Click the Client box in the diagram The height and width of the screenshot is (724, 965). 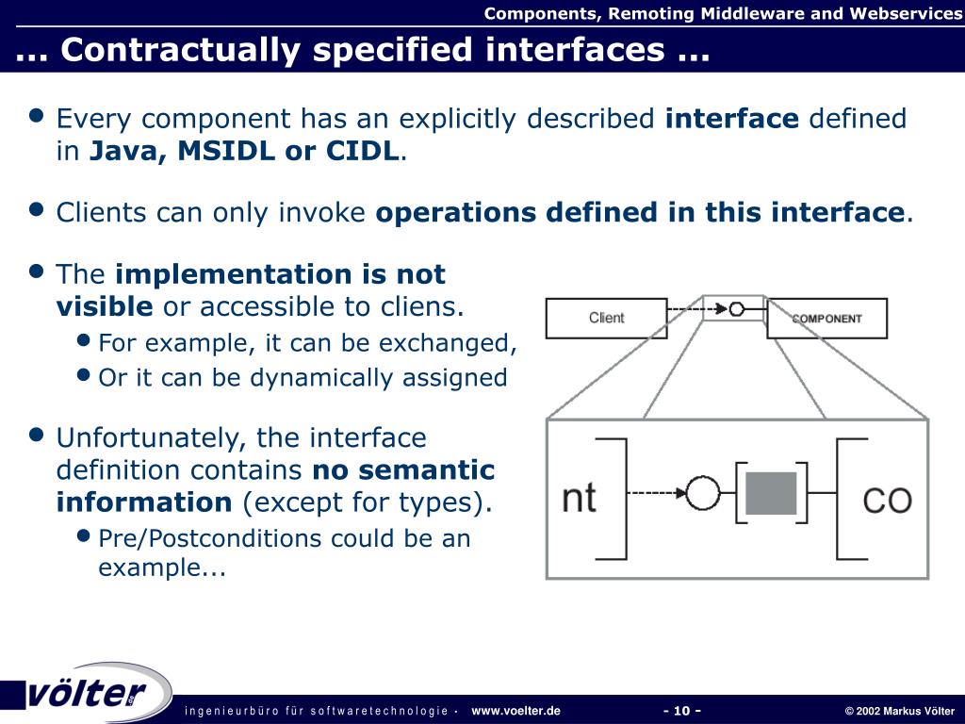click(606, 318)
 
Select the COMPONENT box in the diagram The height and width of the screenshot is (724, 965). click(826, 319)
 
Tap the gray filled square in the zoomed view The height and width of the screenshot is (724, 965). click(771, 493)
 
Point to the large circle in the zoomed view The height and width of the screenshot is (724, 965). click(703, 492)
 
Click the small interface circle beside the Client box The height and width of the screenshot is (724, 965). click(737, 308)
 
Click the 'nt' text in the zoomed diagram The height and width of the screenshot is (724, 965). click(579, 497)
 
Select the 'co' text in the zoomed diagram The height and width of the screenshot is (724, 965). click(887, 498)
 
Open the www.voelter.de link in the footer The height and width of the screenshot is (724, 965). click(515, 711)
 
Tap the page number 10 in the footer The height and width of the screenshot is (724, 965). click(682, 711)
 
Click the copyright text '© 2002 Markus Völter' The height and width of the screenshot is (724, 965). click(899, 711)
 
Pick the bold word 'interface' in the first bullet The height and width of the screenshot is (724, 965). click(731, 119)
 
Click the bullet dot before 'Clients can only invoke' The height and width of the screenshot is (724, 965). click(37, 209)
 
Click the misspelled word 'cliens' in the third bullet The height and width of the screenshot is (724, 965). click(425, 306)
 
